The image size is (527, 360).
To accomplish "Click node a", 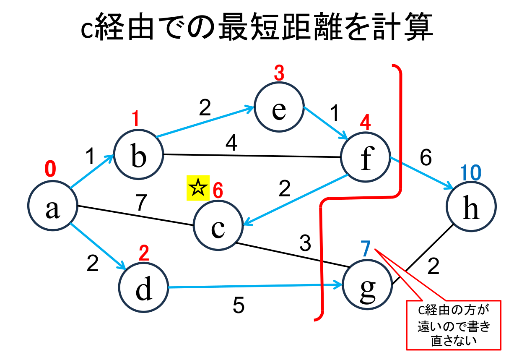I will coord(52,207).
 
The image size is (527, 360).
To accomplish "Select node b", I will coord(139,154).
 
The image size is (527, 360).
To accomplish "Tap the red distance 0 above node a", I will coord(50,170).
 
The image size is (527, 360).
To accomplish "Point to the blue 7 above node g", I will coord(366,250).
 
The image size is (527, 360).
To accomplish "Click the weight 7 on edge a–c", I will coord(141,203).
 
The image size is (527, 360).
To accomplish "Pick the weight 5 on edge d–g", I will coord(239,306).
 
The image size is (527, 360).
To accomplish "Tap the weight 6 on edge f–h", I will coord(425,158).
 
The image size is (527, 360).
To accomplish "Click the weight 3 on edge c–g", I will coord(305,243).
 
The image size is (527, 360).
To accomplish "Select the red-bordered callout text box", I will coord(454,324).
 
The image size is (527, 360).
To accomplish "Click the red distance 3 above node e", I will coord(279,74).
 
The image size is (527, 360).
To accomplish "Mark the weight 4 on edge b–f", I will coord(231,144).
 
